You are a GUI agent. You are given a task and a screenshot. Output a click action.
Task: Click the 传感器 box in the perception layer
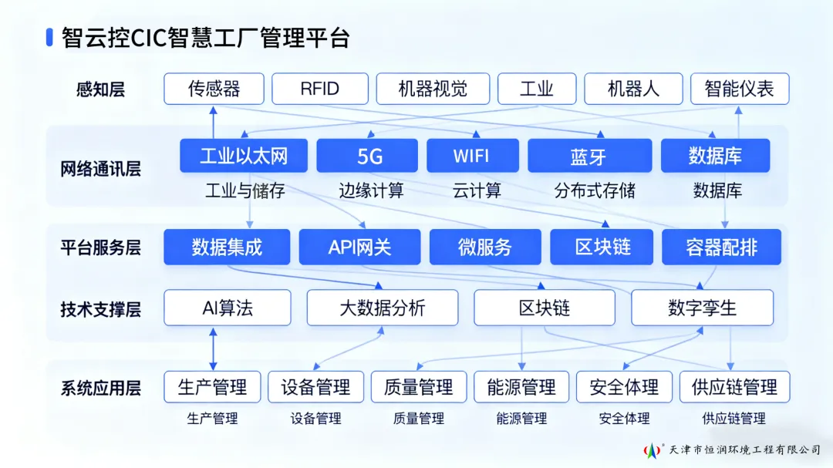(x=214, y=89)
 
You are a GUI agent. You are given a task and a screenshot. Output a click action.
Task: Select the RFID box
(x=319, y=89)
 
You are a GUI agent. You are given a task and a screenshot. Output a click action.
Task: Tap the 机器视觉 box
(x=433, y=89)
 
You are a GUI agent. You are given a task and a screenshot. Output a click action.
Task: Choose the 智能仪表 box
(x=739, y=89)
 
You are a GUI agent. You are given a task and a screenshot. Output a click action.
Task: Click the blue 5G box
(x=367, y=156)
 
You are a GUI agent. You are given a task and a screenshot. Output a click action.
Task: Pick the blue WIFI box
(x=472, y=156)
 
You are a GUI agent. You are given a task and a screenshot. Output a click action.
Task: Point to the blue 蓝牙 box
(x=588, y=156)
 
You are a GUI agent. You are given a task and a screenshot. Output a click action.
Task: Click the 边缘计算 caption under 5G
(x=371, y=190)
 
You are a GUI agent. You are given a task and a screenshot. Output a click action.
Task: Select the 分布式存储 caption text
(x=595, y=190)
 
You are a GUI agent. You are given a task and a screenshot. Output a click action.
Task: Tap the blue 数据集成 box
(x=227, y=247)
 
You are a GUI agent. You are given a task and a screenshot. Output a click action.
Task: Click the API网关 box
(x=359, y=247)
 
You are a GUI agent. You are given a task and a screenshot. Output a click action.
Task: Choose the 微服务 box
(x=484, y=247)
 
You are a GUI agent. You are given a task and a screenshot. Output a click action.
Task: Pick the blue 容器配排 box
(x=721, y=247)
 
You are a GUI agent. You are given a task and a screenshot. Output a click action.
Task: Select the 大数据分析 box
(x=382, y=308)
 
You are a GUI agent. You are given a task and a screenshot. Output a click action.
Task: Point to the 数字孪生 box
(x=702, y=308)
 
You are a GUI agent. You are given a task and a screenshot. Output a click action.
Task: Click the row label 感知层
(x=100, y=89)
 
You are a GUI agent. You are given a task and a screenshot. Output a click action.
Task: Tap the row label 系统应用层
(x=100, y=388)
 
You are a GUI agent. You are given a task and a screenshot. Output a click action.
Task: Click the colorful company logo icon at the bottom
(x=653, y=449)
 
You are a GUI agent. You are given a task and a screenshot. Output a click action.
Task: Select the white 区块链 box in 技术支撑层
(x=544, y=308)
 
